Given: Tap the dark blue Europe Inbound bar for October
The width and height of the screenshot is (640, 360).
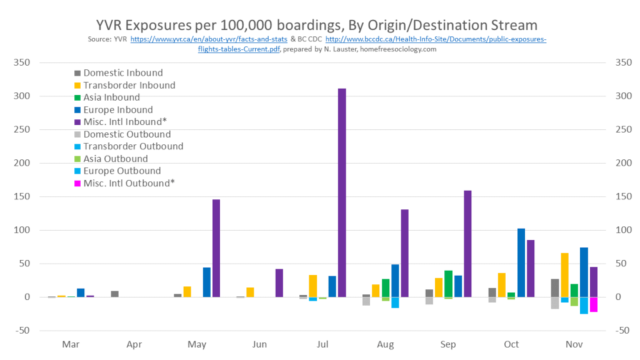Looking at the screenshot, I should point(521,262).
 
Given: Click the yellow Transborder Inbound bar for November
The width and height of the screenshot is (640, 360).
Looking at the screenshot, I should point(565,275).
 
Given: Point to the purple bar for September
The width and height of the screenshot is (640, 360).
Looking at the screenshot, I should point(467,244).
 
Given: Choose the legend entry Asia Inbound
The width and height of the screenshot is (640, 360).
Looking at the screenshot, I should point(111,97).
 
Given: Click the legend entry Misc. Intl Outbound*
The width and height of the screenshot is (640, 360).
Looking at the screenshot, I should point(129,183).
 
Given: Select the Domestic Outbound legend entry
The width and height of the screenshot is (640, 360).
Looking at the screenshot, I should point(127,134).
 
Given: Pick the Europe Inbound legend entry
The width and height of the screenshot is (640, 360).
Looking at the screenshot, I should point(117,110).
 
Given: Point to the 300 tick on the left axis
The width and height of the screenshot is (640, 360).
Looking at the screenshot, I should point(22,96).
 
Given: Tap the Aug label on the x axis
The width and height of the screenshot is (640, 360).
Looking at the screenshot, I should point(386,344).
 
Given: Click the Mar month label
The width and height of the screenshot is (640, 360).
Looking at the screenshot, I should point(71,344).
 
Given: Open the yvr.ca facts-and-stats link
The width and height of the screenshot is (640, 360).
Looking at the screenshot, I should point(209,39).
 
